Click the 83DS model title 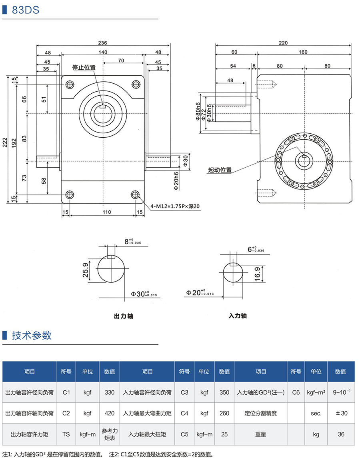[26, 10]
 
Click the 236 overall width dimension [103, 43]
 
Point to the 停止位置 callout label [84, 68]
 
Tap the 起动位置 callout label [220, 170]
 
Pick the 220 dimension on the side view [283, 43]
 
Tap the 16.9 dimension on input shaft [257, 273]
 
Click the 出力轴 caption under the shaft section [124, 316]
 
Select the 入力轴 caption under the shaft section [238, 316]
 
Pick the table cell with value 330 [110, 392]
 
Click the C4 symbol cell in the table [184, 413]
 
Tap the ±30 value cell [341, 413]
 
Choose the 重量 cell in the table [260, 434]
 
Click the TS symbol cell [66, 434]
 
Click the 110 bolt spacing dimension [106, 212]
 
